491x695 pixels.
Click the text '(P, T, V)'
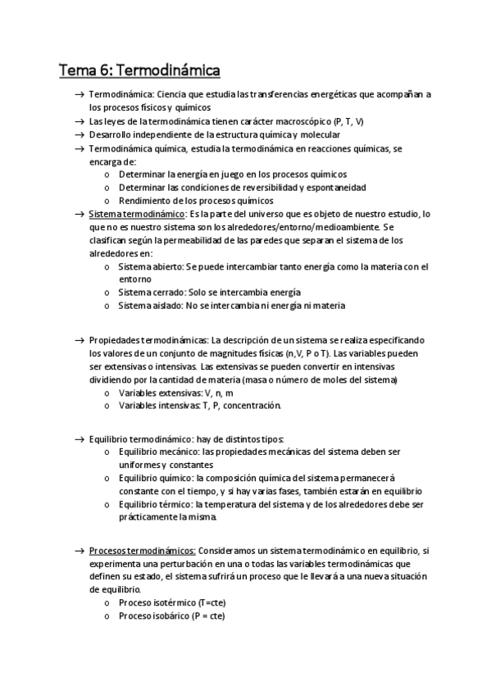pyautogui.click(x=348, y=121)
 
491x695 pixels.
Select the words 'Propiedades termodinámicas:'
pyautogui.click(x=148, y=340)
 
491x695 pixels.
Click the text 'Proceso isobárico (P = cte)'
pyautogui.click(x=171, y=616)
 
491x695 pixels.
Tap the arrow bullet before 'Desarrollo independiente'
pyautogui.click(x=79, y=134)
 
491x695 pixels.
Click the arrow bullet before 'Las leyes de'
pyautogui.click(x=79, y=121)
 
